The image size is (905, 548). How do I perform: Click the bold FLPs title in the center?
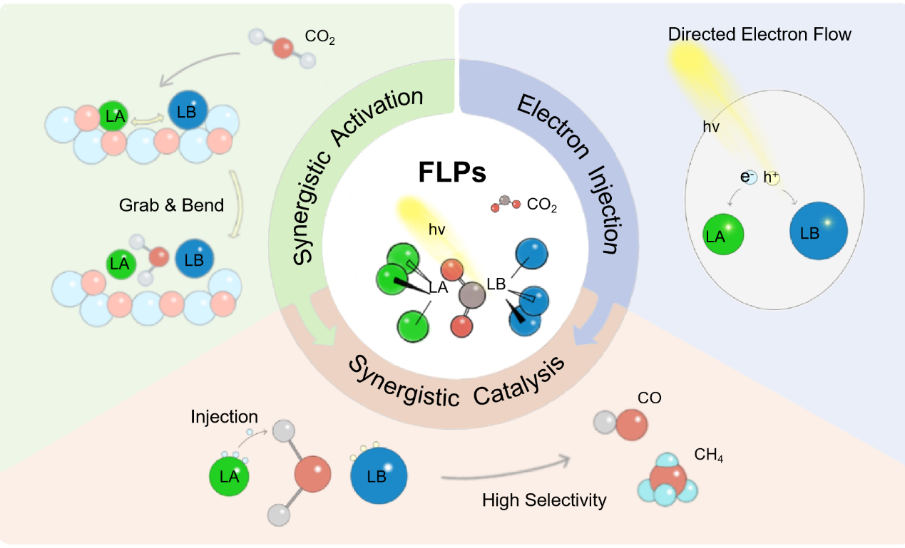(451, 173)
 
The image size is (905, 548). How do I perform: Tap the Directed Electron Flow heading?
(760, 33)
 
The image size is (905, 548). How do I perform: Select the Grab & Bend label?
(171, 205)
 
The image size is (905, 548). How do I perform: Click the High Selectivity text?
(544, 500)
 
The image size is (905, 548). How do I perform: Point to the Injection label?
(225, 416)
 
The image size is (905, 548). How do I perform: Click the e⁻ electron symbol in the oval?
(748, 178)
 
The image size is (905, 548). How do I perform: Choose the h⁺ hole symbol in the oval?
(772, 178)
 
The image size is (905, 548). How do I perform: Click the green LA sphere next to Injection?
(230, 477)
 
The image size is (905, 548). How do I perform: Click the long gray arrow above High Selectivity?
(506, 470)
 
